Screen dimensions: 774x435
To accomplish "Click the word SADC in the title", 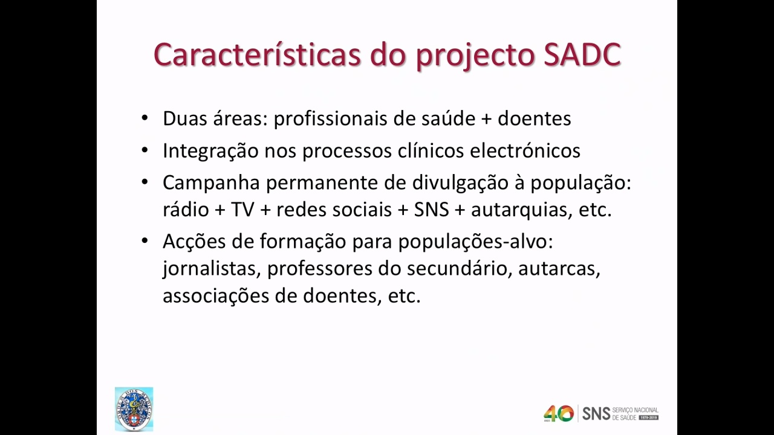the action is (582, 55).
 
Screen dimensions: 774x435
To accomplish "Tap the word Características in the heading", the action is (257, 54).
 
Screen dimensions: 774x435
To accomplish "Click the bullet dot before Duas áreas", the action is (145, 117).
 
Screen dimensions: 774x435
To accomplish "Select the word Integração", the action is (210, 151).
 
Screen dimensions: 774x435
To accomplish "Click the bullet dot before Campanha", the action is (145, 182).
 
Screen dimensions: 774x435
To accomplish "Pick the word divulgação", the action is (460, 183).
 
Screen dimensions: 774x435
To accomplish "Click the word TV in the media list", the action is (242, 210).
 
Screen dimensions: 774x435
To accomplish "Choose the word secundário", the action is (459, 269).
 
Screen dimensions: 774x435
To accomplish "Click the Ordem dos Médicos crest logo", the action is (134, 409).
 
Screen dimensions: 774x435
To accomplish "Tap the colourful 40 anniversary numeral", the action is (559, 414).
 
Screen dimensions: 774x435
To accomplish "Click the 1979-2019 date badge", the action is (649, 417).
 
